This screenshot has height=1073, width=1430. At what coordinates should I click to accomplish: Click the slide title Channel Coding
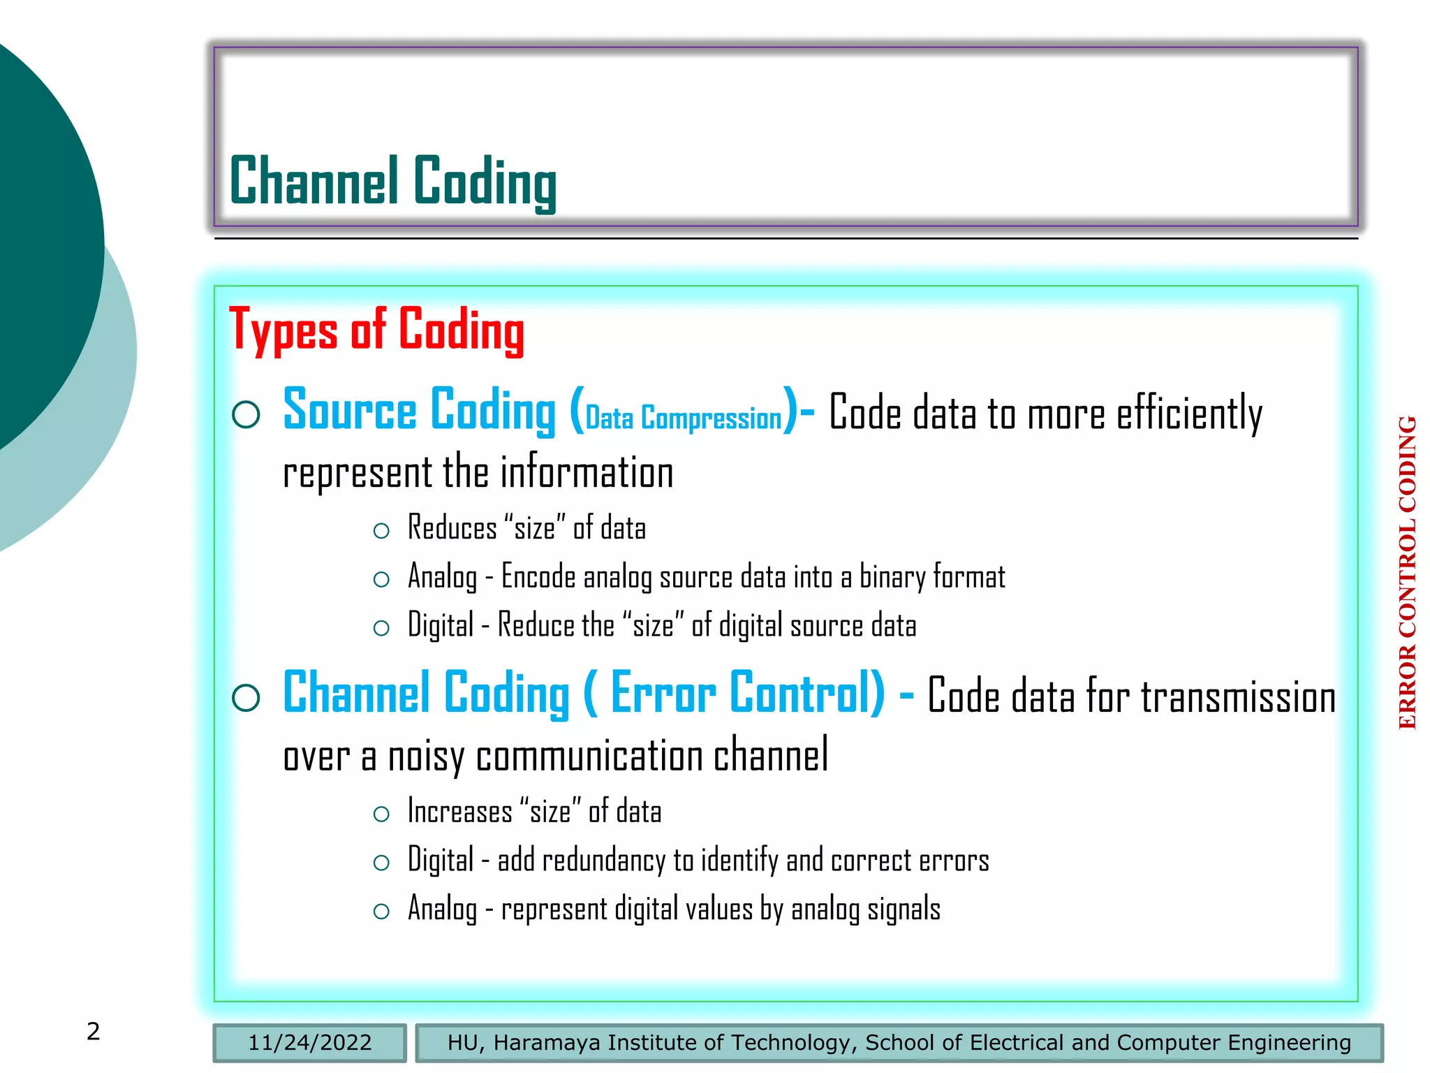pyautogui.click(x=392, y=181)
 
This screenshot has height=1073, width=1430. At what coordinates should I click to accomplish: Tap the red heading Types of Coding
pyautogui.click(x=376, y=330)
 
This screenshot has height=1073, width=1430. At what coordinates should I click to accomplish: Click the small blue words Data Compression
pyautogui.click(x=683, y=418)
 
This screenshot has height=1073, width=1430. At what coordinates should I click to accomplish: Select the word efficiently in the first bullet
pyautogui.click(x=1188, y=414)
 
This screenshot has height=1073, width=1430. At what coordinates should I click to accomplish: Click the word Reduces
pyautogui.click(x=452, y=528)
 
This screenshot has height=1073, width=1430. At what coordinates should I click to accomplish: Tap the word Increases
pyautogui.click(x=459, y=812)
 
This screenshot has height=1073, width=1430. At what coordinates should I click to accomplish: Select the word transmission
pyautogui.click(x=1238, y=698)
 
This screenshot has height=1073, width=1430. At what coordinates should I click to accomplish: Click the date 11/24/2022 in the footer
pyautogui.click(x=309, y=1042)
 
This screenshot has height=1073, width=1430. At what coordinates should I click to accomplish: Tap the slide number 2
pyautogui.click(x=93, y=1031)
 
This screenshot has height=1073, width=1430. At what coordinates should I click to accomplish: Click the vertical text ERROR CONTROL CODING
pyautogui.click(x=1407, y=572)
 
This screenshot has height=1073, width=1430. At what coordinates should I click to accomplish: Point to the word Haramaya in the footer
pyautogui.click(x=547, y=1042)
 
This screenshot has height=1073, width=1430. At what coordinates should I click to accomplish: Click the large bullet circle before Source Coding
pyautogui.click(x=246, y=414)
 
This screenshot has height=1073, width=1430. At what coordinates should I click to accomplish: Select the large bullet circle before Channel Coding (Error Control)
pyautogui.click(x=246, y=697)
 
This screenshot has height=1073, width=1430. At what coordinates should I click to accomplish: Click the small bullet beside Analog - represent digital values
pyautogui.click(x=381, y=911)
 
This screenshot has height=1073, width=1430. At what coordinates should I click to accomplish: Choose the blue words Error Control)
pyautogui.click(x=747, y=693)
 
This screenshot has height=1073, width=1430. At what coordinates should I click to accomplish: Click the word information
pyautogui.click(x=587, y=473)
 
